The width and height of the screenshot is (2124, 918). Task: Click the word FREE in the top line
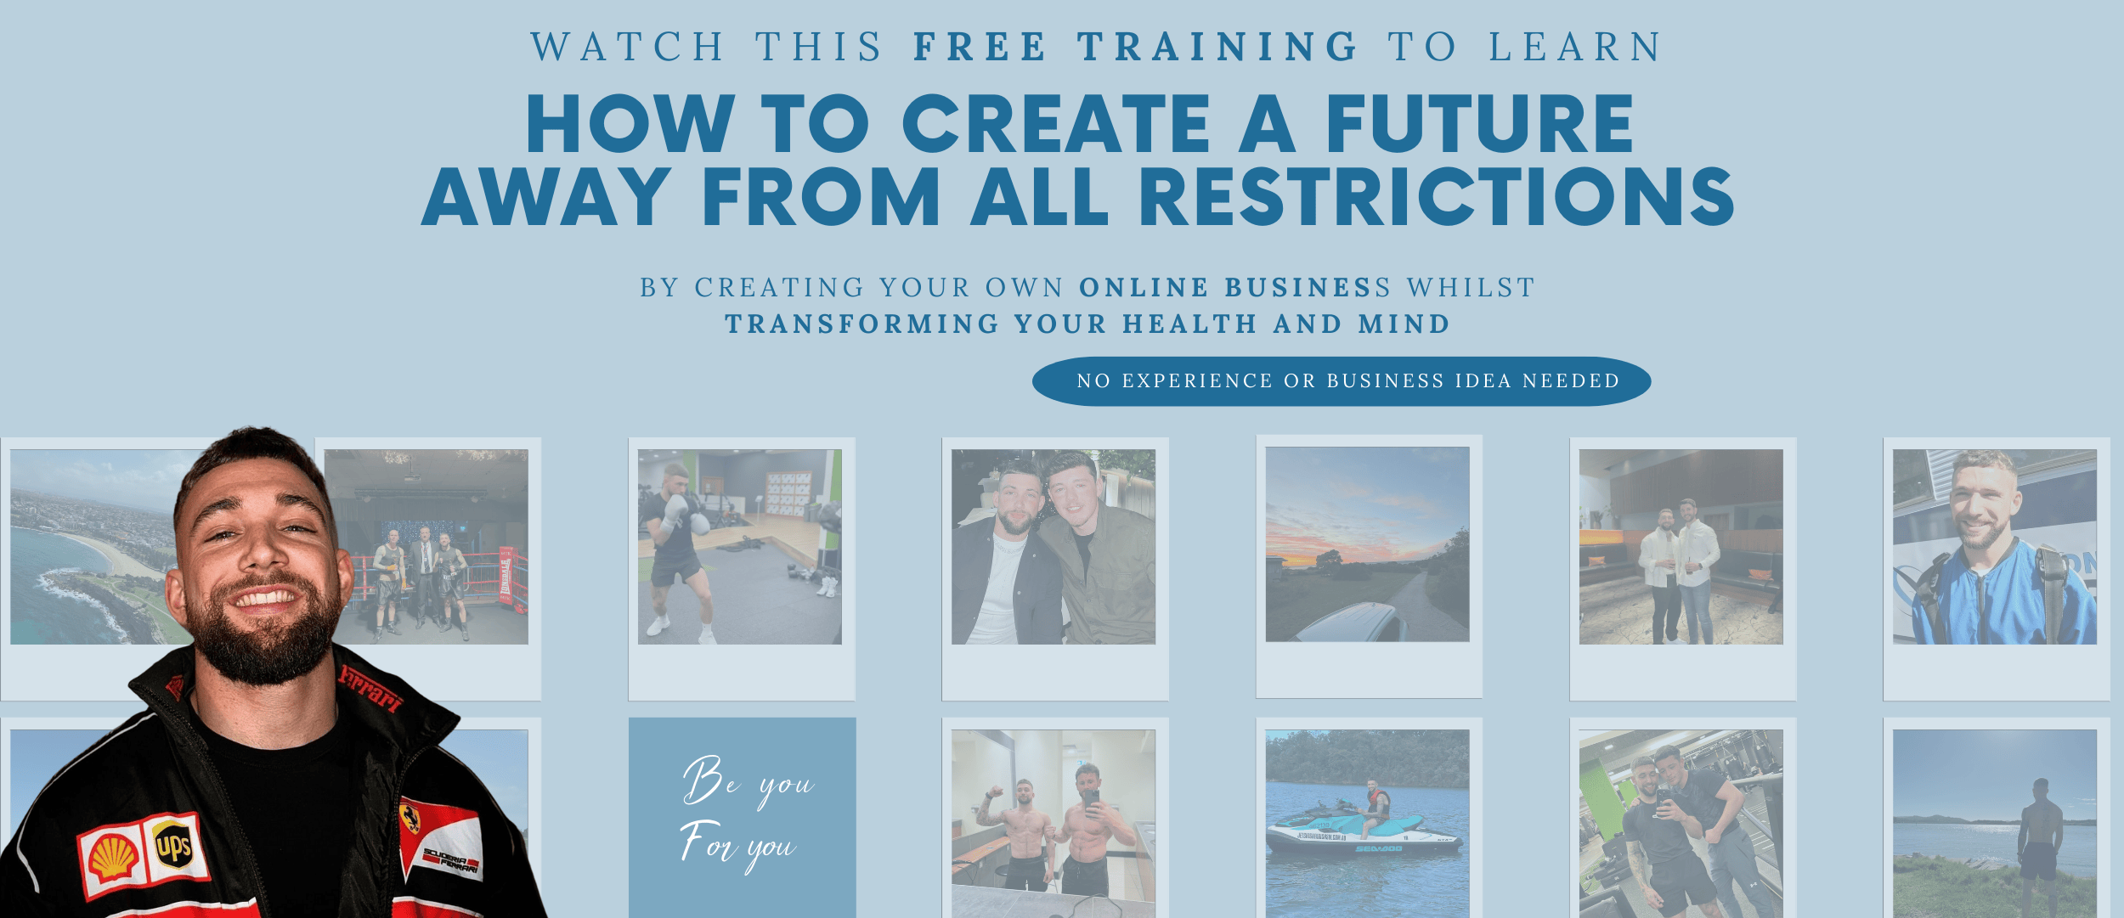click(x=980, y=47)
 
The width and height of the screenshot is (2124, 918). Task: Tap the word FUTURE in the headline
click(x=1480, y=124)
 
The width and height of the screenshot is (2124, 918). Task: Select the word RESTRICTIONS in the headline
click(x=1436, y=196)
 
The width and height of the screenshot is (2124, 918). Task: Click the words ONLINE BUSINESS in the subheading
click(x=1234, y=288)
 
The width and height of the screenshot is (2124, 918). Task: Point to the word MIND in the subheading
click(x=1404, y=324)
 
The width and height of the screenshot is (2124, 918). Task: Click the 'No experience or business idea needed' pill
click(x=1342, y=381)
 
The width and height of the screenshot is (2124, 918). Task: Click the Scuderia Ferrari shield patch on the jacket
click(x=410, y=817)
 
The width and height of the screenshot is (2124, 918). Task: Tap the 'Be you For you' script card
click(x=742, y=818)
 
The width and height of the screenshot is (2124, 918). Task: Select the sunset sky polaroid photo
click(x=1367, y=544)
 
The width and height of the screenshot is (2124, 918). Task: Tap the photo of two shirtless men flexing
click(x=1054, y=824)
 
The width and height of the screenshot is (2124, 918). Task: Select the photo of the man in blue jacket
click(x=1995, y=547)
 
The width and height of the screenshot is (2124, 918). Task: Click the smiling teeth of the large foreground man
click(x=266, y=599)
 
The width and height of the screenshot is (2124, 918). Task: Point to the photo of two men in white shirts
click(x=1681, y=547)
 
